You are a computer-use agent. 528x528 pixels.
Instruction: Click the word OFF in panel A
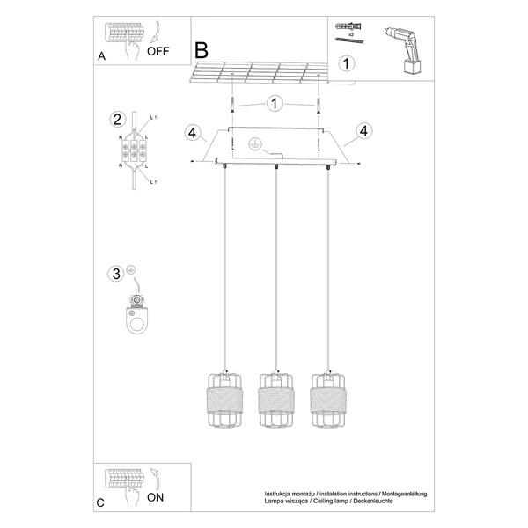tap(158, 51)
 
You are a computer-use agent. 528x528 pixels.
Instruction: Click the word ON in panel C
tap(156, 497)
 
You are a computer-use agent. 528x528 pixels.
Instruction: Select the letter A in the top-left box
tap(101, 56)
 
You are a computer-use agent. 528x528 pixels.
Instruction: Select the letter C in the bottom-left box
tap(100, 503)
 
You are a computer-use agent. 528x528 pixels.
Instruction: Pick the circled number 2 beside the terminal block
tap(115, 120)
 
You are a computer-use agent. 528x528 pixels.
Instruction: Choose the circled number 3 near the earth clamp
tap(115, 274)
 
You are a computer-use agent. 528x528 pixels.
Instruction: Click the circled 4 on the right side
tap(361, 133)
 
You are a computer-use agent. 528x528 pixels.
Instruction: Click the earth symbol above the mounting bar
tap(256, 143)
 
